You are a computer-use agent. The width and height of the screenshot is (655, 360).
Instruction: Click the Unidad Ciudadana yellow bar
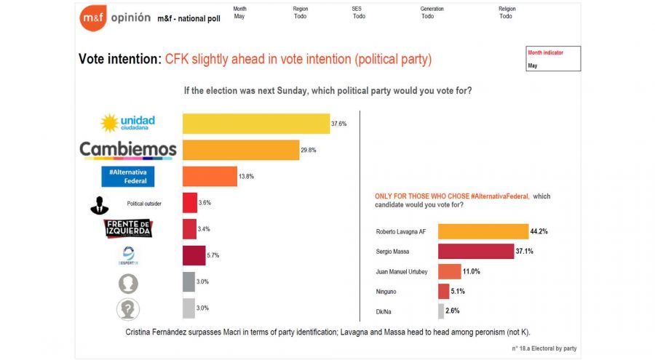pos(255,124)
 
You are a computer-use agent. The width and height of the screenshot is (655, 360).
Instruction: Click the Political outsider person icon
pos(100,204)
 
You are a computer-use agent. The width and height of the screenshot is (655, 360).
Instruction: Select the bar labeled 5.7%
pos(194,256)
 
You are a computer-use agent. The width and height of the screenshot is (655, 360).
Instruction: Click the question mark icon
pos(128,308)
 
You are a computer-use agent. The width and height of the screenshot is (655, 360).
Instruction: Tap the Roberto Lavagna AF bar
pos(483,231)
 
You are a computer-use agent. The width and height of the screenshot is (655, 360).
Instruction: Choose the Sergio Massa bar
pos(475,251)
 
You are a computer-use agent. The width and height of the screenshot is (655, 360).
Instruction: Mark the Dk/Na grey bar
pos(440,311)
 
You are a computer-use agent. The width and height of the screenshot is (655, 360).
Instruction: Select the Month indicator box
pos(553,59)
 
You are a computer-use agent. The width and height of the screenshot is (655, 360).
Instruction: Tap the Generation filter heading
pos(432,9)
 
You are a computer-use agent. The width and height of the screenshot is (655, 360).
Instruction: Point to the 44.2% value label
pos(539,231)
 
